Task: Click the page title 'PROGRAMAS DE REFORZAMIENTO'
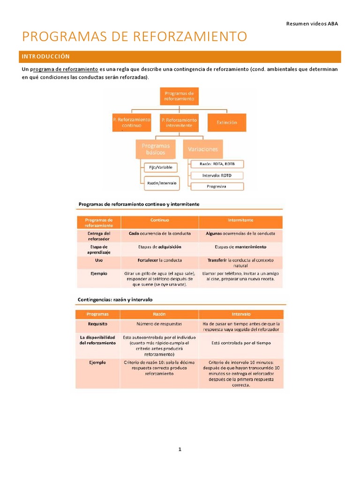click(135, 37)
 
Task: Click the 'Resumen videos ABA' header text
click(312, 24)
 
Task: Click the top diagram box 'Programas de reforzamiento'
click(179, 96)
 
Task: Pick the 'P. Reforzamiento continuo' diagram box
click(131, 123)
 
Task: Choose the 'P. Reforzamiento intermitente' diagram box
click(179, 123)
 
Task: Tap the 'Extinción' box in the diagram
click(227, 122)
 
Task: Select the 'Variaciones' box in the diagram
click(203, 149)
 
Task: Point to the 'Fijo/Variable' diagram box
click(160, 167)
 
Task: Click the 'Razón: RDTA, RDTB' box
click(217, 164)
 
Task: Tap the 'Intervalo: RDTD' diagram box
click(217, 175)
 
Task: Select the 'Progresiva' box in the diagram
click(217, 187)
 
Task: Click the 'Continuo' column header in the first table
click(159, 219)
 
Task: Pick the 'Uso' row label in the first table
click(98, 260)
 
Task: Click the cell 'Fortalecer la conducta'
click(159, 260)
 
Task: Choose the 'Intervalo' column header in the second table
click(241, 314)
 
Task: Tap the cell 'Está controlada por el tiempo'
click(241, 343)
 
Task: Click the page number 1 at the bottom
click(180, 450)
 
